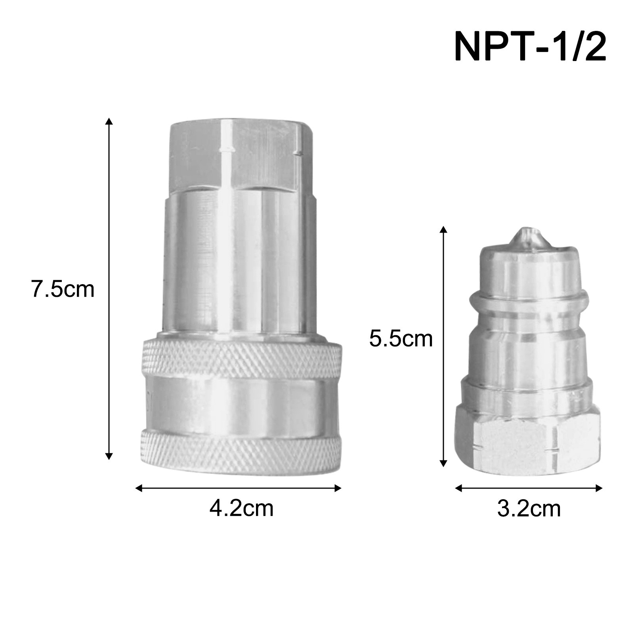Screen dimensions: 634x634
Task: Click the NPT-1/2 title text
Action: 530,46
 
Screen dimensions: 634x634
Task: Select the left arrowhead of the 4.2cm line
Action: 139,488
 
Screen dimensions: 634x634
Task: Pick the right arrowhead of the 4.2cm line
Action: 338,488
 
